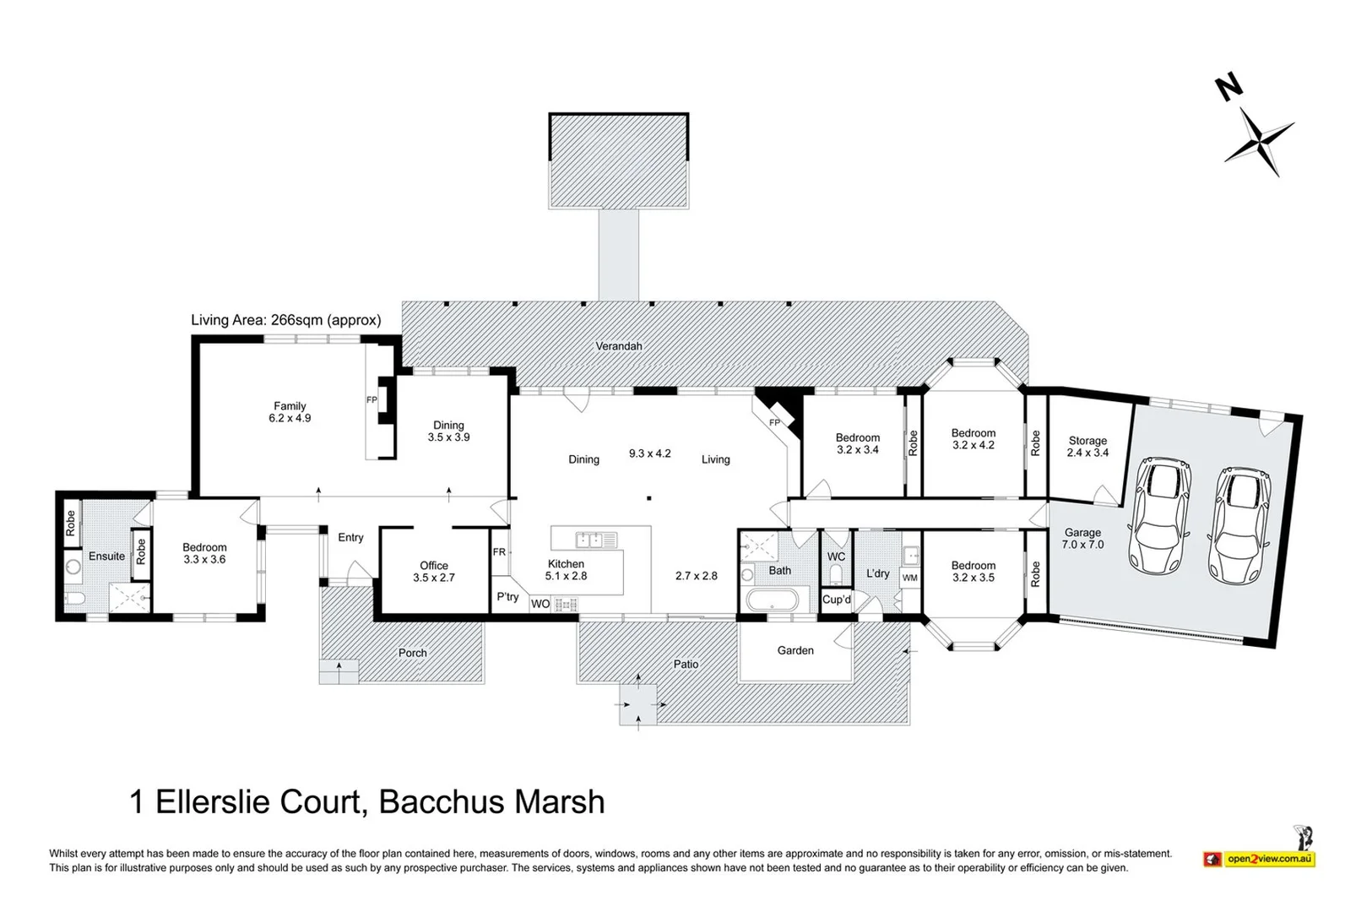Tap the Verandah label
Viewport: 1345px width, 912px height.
[619, 346]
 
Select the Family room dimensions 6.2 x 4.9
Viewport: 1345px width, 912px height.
[290, 418]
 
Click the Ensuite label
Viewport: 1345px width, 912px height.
[106, 556]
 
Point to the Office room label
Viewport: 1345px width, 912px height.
[434, 566]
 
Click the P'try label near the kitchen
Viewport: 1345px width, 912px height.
[507, 597]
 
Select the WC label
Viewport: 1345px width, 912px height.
[836, 557]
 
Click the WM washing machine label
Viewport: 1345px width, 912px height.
[909, 578]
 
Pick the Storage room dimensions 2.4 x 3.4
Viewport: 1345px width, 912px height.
[1087, 453]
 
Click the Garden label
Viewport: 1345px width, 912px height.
[795, 651]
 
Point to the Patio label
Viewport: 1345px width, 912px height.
[686, 665]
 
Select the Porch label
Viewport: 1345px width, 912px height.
[412, 653]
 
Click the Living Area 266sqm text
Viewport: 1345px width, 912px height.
[285, 320]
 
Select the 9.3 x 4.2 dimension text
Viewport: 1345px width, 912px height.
[649, 453]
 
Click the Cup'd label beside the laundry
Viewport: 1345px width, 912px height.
[837, 600]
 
